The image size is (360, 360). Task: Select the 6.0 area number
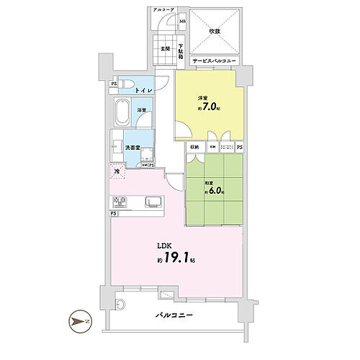pyautogui.click(x=217, y=192)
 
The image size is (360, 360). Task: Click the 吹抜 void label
pyautogui.click(x=215, y=31)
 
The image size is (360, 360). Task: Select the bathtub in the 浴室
pyautogui.click(x=123, y=113)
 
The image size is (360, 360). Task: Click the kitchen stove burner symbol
pyautogui.click(x=119, y=201)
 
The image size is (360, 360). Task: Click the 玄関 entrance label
pyautogui.click(x=165, y=49)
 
